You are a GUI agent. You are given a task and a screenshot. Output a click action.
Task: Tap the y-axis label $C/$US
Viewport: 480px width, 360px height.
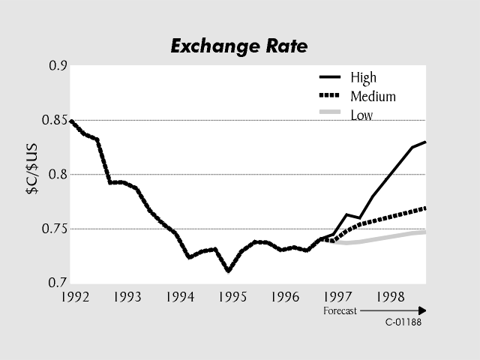34,173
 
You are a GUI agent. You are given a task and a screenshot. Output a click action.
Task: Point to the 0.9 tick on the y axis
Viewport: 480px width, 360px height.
58,66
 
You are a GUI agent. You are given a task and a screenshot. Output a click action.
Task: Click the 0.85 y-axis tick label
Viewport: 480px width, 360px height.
54,120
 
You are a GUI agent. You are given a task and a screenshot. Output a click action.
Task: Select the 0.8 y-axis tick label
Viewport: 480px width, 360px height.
58,174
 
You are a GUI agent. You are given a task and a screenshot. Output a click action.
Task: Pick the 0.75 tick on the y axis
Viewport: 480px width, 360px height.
54,229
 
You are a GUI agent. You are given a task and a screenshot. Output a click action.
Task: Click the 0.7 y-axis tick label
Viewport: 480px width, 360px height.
58,283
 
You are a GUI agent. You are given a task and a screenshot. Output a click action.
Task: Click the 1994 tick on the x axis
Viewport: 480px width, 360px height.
178,297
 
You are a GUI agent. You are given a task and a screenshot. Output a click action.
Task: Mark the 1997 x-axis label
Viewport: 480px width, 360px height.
338,297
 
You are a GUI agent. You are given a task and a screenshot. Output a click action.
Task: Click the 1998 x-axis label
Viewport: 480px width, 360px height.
391,297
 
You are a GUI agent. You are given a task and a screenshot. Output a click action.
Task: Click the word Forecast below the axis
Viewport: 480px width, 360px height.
339,310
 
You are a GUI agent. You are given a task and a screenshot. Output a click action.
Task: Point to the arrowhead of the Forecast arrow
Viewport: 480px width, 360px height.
422,310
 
